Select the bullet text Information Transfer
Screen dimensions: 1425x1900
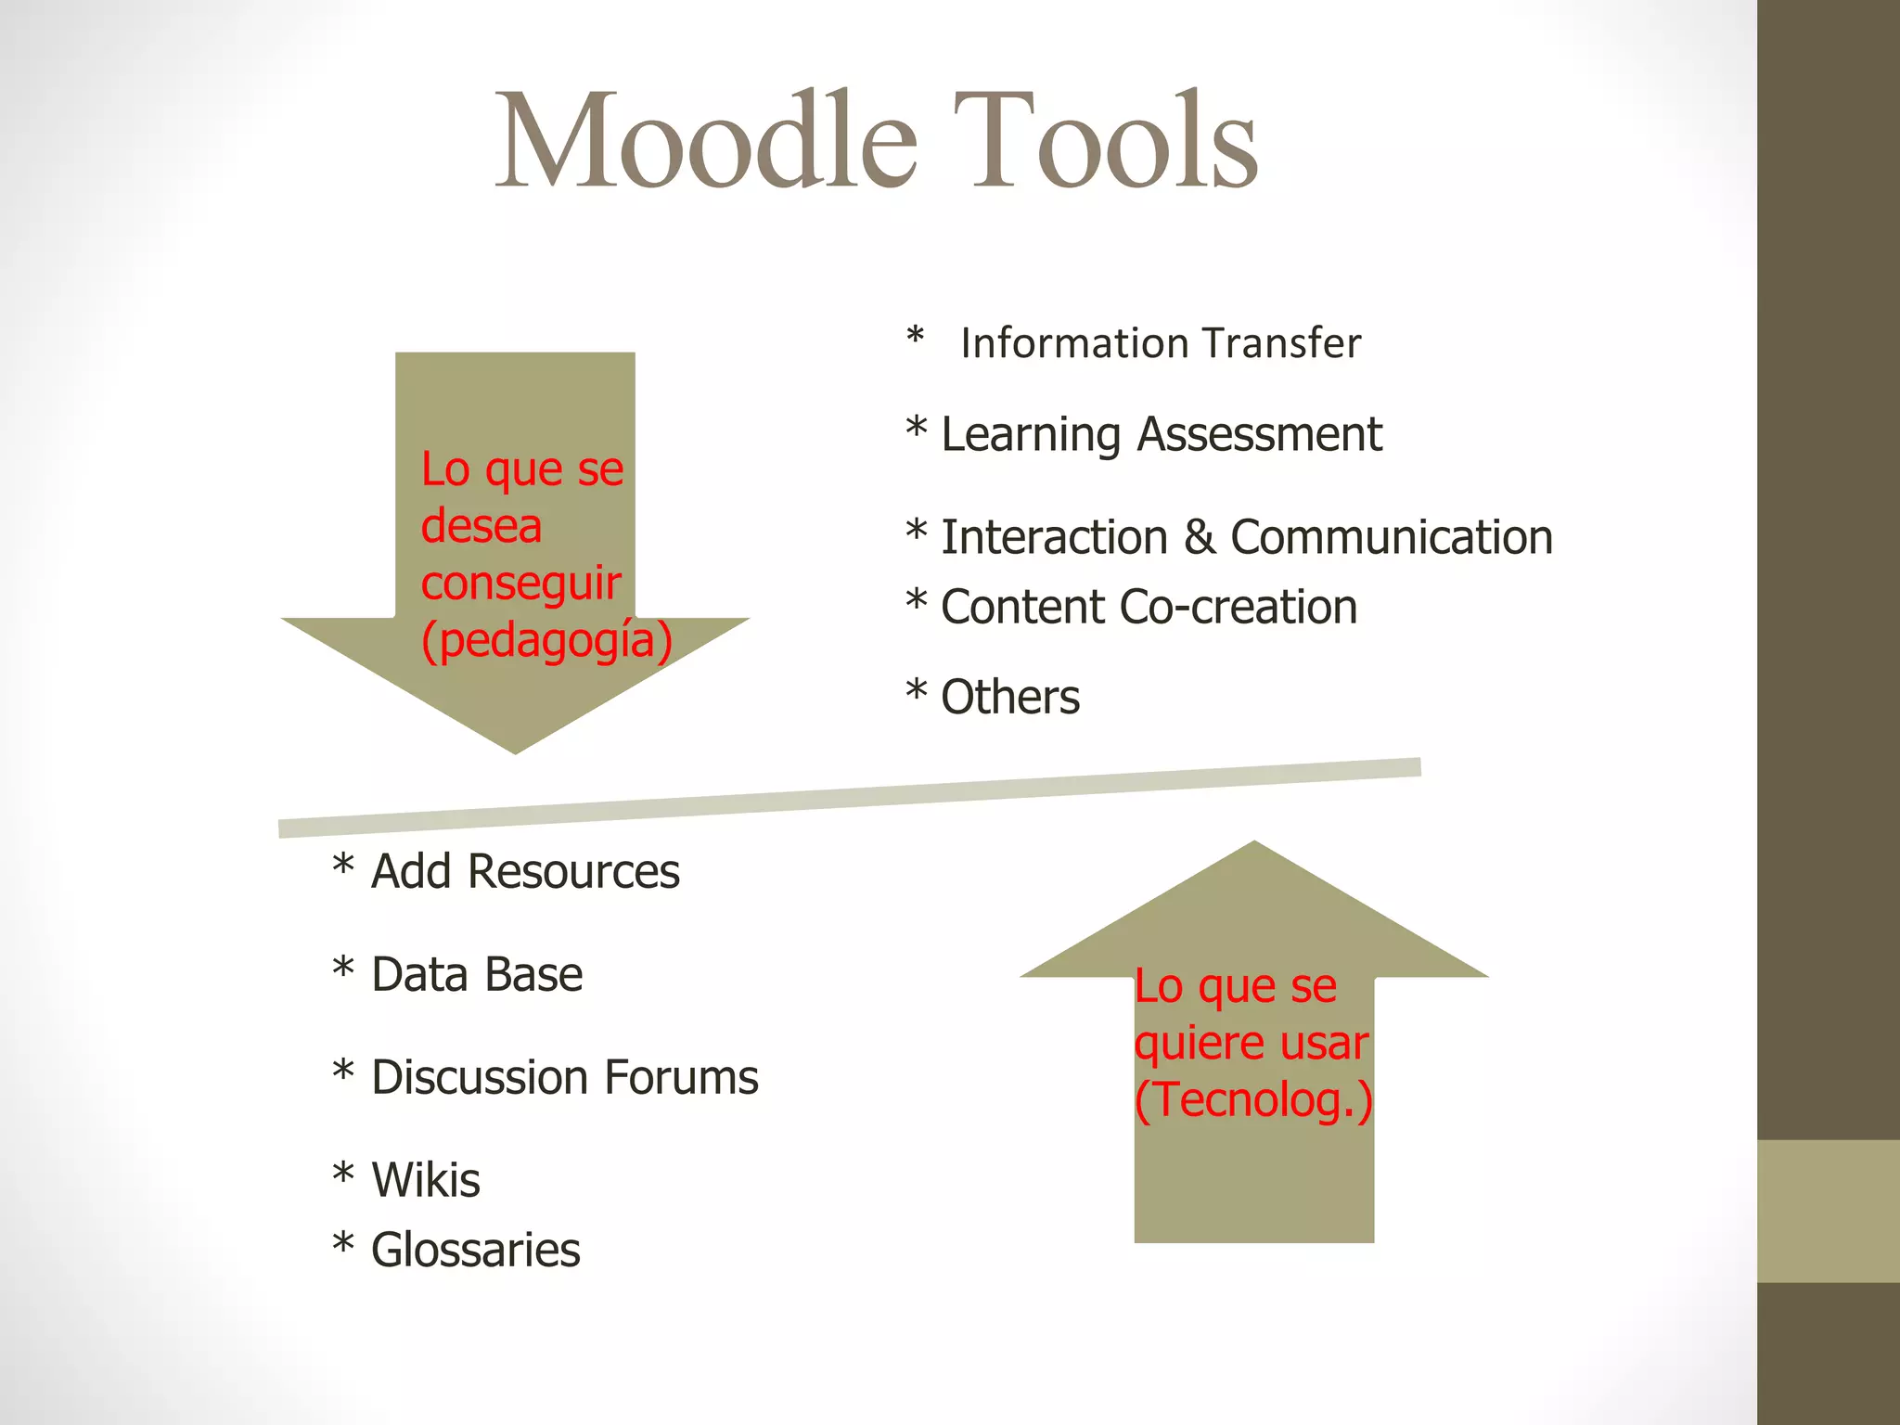tap(1160, 343)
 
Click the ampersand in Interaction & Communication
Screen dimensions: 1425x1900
tap(1199, 537)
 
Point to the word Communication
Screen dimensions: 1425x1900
tap(1391, 537)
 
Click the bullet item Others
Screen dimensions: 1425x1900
tap(1009, 697)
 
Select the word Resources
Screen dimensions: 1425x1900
tap(573, 872)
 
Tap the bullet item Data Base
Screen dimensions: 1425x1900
tap(476, 975)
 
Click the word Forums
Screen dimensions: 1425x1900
tap(681, 1078)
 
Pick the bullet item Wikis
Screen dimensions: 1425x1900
tap(425, 1180)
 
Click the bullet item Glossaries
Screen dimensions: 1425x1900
tap(475, 1251)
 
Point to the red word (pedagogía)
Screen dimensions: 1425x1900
tap(546, 640)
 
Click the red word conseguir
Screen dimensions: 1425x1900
tap(520, 584)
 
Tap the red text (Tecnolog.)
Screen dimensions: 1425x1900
tap(1252, 1100)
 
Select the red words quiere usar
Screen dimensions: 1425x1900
tap(1251, 1044)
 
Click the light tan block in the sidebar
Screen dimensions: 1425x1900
tap(1828, 1211)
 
